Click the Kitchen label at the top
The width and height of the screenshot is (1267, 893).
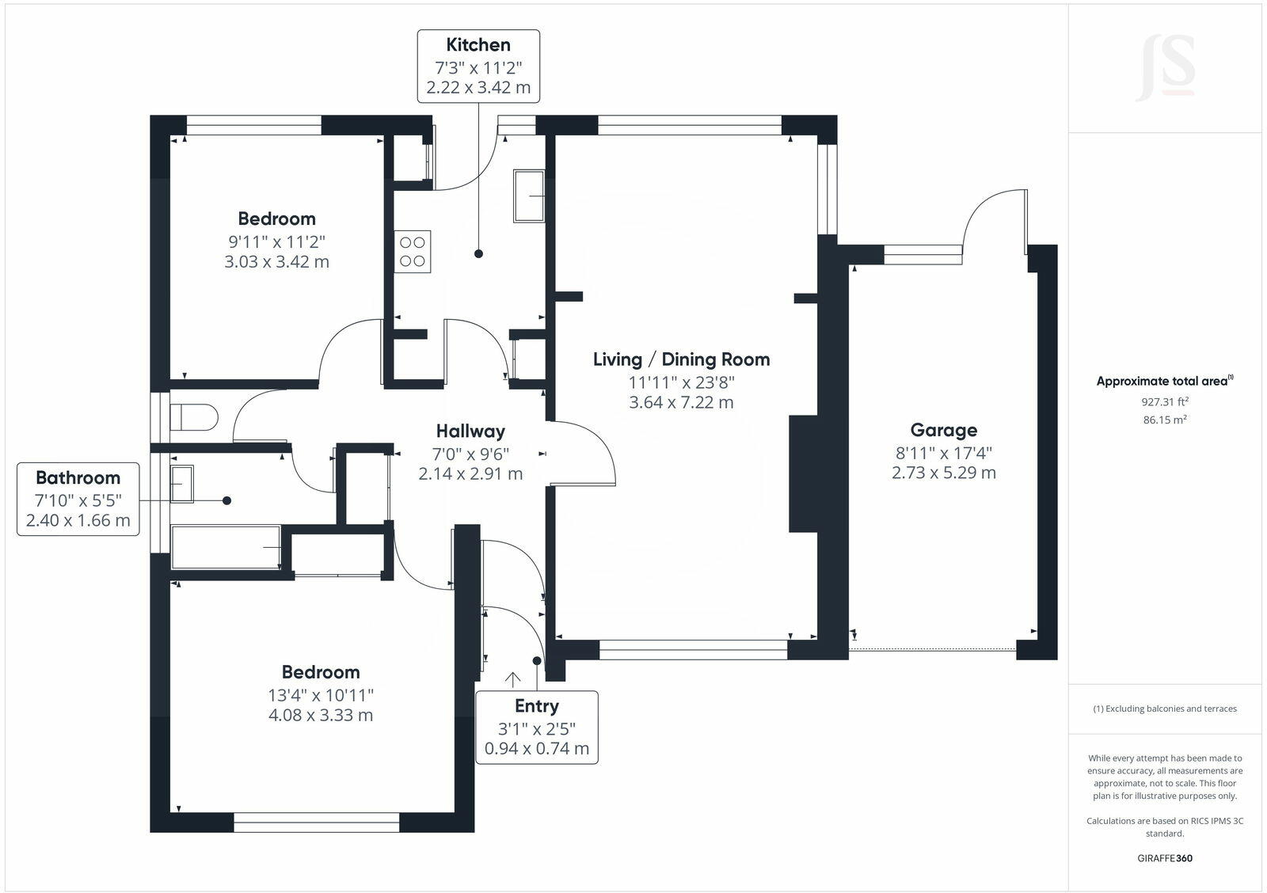pyautogui.click(x=478, y=45)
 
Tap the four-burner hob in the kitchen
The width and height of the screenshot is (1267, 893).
pyautogui.click(x=413, y=252)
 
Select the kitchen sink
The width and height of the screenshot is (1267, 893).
pyautogui.click(x=529, y=196)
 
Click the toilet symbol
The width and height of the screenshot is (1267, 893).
pyautogui.click(x=194, y=418)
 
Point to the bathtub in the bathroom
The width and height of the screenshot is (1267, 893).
pyautogui.click(x=226, y=547)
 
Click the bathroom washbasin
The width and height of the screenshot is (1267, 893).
pyautogui.click(x=181, y=484)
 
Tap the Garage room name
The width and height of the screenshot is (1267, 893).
pyautogui.click(x=943, y=431)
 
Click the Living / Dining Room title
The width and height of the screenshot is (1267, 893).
pyautogui.click(x=681, y=359)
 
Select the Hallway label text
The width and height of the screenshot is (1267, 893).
pyautogui.click(x=470, y=431)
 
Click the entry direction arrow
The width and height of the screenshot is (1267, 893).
pyautogui.click(x=512, y=679)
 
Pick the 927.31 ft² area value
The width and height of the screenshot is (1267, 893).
pyautogui.click(x=1164, y=401)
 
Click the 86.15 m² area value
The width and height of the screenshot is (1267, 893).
pyautogui.click(x=1164, y=420)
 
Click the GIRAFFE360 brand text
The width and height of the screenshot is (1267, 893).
pyautogui.click(x=1164, y=858)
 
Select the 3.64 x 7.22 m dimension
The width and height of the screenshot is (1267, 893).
pyautogui.click(x=681, y=402)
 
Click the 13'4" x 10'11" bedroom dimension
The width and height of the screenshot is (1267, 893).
pyautogui.click(x=321, y=695)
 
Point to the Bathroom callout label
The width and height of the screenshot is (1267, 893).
pyautogui.click(x=78, y=478)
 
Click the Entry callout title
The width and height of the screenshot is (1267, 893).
pyautogui.click(x=536, y=706)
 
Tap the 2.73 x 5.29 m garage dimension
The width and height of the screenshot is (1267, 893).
pyautogui.click(x=943, y=473)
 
